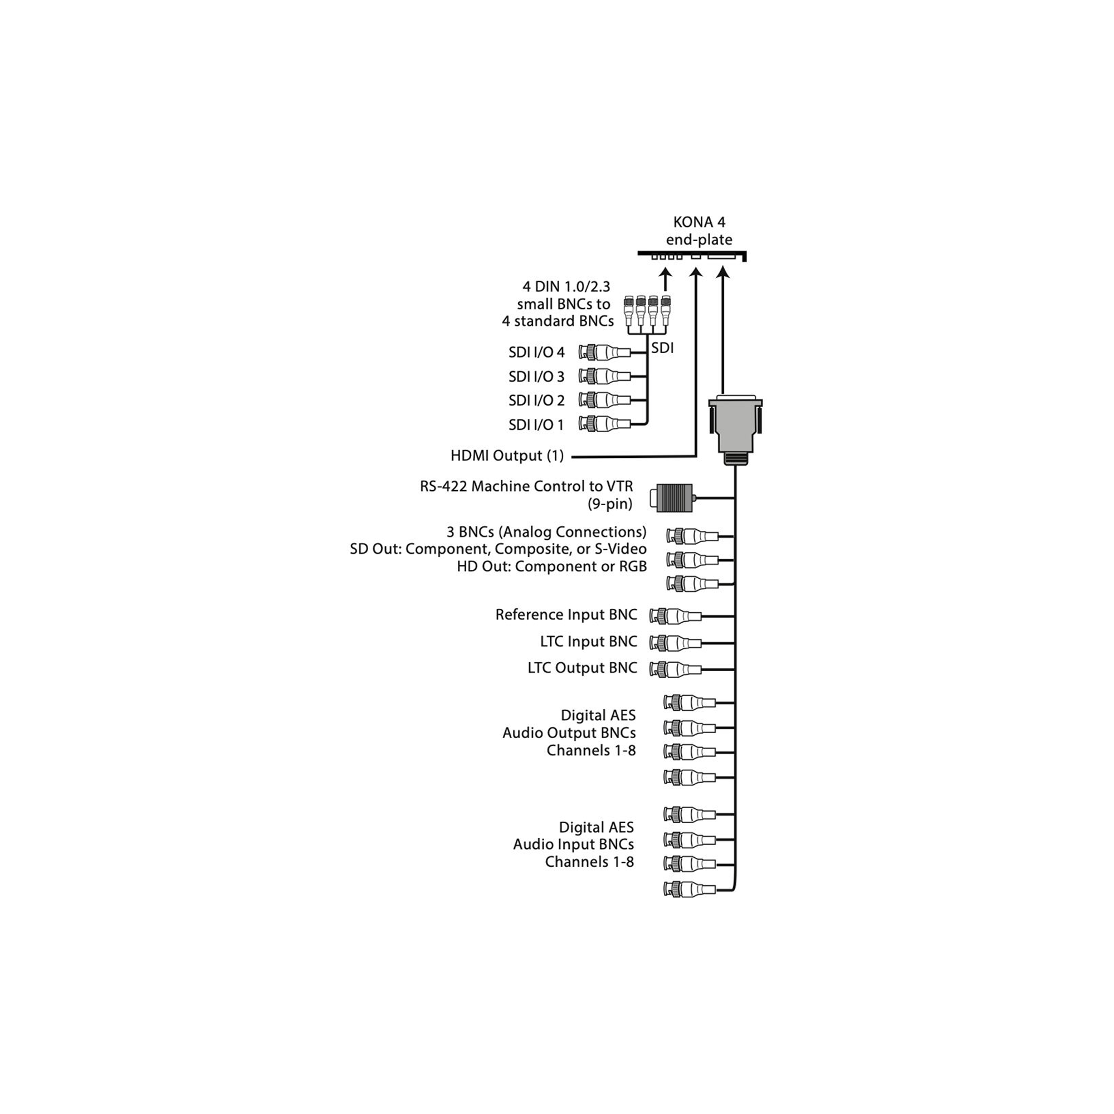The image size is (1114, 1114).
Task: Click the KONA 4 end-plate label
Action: click(x=699, y=231)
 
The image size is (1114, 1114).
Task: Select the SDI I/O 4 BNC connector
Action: click(x=604, y=353)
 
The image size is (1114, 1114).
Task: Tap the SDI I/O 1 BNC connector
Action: click(x=604, y=424)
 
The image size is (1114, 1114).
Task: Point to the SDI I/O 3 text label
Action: click(x=536, y=377)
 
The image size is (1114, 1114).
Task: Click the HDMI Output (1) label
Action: click(x=507, y=456)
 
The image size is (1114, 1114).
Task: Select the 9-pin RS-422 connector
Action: click(x=672, y=497)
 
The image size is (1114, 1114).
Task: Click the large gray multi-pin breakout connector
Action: click(x=735, y=430)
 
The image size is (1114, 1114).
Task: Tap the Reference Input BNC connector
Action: click(x=675, y=616)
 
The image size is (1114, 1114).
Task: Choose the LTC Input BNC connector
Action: click(x=675, y=642)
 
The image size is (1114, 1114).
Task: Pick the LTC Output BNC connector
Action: click(x=675, y=669)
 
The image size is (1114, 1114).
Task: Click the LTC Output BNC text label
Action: click(x=583, y=668)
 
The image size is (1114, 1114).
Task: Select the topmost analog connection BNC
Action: click(x=692, y=536)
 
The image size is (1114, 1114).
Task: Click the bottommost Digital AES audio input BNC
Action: click(x=689, y=888)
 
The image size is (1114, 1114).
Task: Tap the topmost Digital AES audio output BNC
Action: click(x=689, y=702)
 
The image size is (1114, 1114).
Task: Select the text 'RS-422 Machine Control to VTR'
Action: click(x=526, y=486)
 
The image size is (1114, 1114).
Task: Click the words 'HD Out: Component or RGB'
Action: click(x=552, y=567)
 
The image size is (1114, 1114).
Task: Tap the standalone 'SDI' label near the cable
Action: click(x=662, y=348)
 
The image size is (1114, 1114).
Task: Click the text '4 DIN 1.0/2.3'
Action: click(x=566, y=286)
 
